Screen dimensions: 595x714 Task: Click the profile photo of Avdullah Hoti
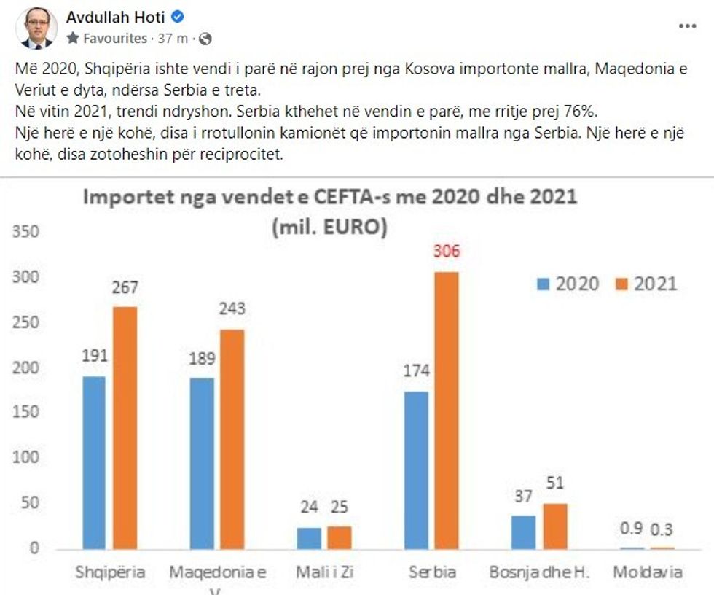(36, 28)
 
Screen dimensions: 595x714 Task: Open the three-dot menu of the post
(687, 26)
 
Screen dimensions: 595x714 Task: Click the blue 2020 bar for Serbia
(417, 470)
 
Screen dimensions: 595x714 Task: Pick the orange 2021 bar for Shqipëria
(125, 427)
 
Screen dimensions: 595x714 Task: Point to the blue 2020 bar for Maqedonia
(202, 463)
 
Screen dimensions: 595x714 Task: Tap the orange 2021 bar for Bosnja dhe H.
(554, 525)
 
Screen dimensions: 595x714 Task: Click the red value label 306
(447, 253)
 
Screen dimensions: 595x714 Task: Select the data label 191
(95, 356)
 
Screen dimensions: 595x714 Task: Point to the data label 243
(232, 309)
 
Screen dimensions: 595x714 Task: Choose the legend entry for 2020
(568, 284)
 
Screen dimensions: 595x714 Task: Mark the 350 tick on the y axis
(26, 233)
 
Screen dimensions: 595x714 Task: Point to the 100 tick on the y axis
(26, 458)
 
